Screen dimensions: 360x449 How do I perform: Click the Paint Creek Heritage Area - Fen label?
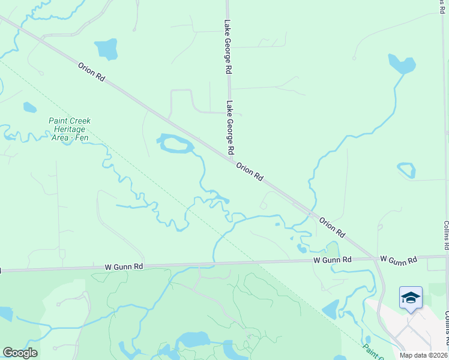coord(70,129)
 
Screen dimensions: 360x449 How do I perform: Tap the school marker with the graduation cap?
coord(411,298)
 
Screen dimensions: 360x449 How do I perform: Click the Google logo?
coord(20,353)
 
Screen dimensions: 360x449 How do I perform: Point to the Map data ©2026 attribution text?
coord(424,355)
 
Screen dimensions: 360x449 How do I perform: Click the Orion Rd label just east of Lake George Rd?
coord(250,172)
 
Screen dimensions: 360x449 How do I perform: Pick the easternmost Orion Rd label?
coord(332,226)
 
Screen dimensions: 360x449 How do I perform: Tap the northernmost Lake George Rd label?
coord(228,47)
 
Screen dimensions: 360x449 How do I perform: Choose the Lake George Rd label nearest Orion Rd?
coord(229,126)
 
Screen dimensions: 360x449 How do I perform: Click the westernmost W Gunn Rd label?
coord(124,266)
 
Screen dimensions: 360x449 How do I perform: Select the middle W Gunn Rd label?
coord(332,260)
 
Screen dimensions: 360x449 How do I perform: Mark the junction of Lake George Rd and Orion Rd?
coord(231,158)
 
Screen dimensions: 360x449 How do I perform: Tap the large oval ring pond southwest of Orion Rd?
coord(176,144)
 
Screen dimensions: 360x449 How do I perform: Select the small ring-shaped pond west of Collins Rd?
coord(406,170)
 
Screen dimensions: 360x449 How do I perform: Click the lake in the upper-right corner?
coord(402,64)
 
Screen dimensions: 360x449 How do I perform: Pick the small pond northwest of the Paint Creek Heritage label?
coord(29,107)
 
